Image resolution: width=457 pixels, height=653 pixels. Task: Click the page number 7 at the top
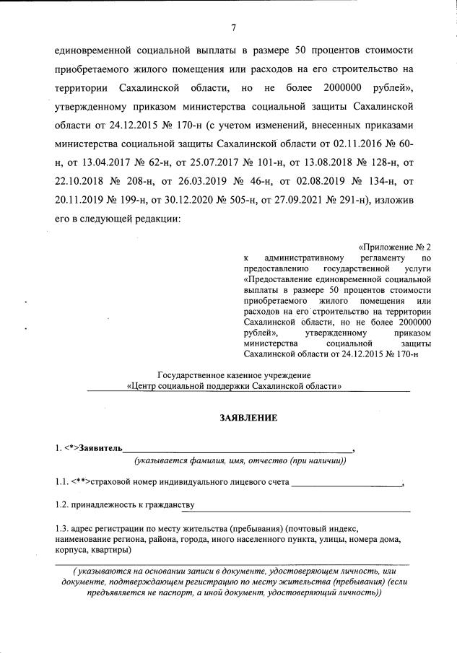(x=234, y=28)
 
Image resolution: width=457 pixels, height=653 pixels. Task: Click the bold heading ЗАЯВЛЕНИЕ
(x=232, y=418)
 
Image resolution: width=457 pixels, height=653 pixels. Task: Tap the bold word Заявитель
(x=101, y=450)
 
